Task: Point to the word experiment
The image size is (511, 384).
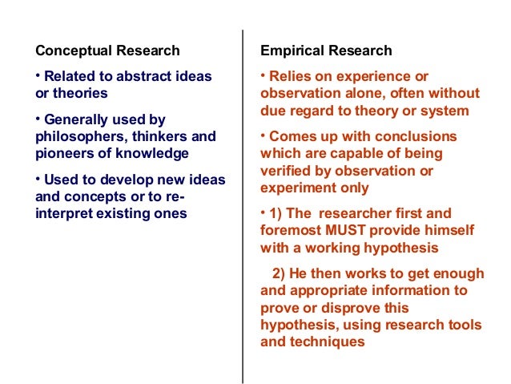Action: (299, 188)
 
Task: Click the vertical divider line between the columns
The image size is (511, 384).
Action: (242, 200)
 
